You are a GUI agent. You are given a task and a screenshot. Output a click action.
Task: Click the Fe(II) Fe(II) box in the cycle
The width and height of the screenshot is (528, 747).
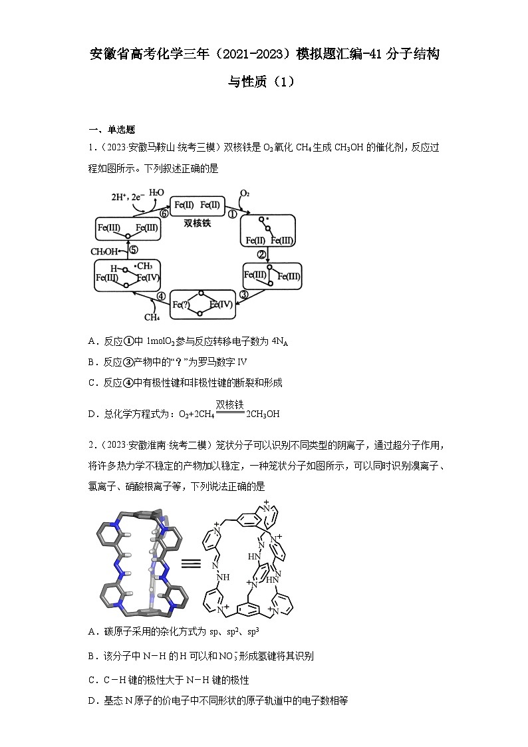pos(198,205)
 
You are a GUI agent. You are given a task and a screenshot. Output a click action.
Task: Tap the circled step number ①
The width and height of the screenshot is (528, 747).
pos(232,214)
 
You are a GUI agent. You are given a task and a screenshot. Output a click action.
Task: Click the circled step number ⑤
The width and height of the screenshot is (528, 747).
pos(133,250)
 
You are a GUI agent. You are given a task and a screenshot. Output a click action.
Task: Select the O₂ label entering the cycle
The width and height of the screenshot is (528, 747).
pos(245,194)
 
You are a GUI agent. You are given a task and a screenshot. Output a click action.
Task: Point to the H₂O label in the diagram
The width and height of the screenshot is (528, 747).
pos(156,192)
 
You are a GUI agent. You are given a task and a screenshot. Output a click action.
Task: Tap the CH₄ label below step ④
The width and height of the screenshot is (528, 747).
pos(152,317)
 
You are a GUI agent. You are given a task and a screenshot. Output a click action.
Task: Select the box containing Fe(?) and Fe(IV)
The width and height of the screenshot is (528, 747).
pos(203,305)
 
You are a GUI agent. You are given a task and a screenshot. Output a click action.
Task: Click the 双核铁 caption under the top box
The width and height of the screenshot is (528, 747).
pos(198,224)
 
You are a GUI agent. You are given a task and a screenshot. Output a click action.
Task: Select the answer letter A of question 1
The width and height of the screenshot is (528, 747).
pos(92,341)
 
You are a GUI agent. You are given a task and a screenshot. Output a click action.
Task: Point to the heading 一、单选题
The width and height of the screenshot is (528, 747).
pos(112,130)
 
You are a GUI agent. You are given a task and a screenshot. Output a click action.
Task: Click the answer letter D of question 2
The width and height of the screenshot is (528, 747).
pos(92,700)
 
